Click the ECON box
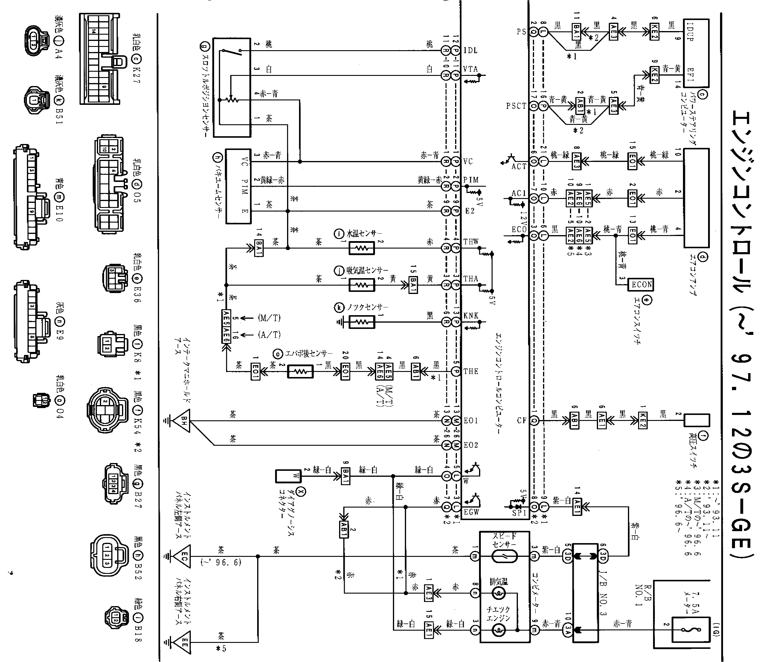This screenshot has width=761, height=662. (x=642, y=284)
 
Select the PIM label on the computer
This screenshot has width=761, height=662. (x=471, y=180)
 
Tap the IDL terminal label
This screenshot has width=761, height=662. (x=470, y=50)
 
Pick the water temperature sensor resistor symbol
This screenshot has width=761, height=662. (x=362, y=248)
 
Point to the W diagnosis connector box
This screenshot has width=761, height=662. (x=288, y=476)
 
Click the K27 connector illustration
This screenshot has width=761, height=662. (x=100, y=59)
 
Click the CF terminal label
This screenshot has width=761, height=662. (x=521, y=420)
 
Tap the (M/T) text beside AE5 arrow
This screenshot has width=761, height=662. (x=269, y=318)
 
